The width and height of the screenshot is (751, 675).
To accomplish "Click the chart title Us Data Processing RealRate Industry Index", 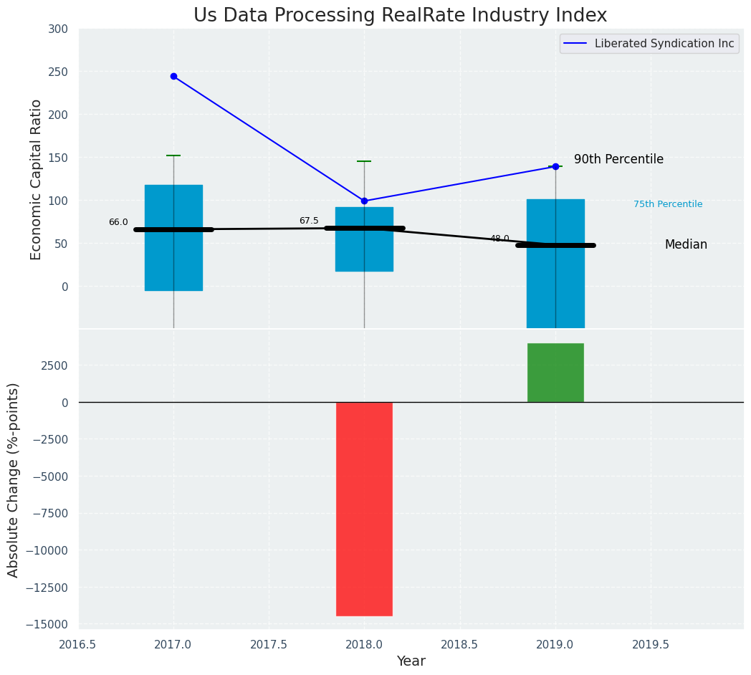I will [x=400, y=16].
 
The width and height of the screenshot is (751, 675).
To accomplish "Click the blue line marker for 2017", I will [x=173, y=76].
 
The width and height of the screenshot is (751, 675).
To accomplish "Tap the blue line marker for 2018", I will [x=364, y=201].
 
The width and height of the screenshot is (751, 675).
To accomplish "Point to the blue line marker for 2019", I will [x=555, y=166].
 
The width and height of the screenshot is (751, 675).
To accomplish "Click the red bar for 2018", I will [x=364, y=509].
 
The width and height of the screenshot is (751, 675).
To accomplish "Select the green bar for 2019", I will [x=555, y=373].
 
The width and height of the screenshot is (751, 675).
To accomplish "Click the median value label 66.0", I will [x=118, y=222].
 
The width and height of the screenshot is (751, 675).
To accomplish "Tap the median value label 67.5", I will [x=309, y=221].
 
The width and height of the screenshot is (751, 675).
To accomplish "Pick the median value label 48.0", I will [x=499, y=239].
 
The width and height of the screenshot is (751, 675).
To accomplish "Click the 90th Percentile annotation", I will [x=618, y=159].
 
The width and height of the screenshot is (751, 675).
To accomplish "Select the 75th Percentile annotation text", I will [x=668, y=204].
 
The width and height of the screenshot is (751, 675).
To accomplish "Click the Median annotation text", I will [x=686, y=244].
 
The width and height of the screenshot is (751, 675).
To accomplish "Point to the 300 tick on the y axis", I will [x=58, y=29].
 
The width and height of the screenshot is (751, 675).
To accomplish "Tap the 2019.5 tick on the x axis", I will [x=651, y=644].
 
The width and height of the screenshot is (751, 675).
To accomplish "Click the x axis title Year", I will [x=411, y=661].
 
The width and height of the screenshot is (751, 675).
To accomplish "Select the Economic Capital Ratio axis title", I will [x=37, y=179].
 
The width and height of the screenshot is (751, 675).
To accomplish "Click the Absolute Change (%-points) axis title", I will [x=14, y=479].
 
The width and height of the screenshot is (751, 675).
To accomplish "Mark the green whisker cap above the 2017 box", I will [x=173, y=155].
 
